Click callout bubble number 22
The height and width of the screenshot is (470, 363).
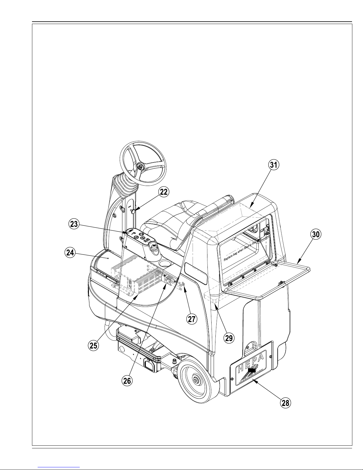click(164, 192)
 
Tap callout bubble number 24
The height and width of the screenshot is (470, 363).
click(70, 253)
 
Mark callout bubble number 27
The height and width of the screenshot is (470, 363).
click(191, 319)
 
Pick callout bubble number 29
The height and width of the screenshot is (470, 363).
click(229, 338)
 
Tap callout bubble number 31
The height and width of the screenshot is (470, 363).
click(274, 165)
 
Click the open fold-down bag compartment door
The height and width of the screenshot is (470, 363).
click(267, 279)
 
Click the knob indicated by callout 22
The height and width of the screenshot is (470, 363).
click(133, 211)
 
